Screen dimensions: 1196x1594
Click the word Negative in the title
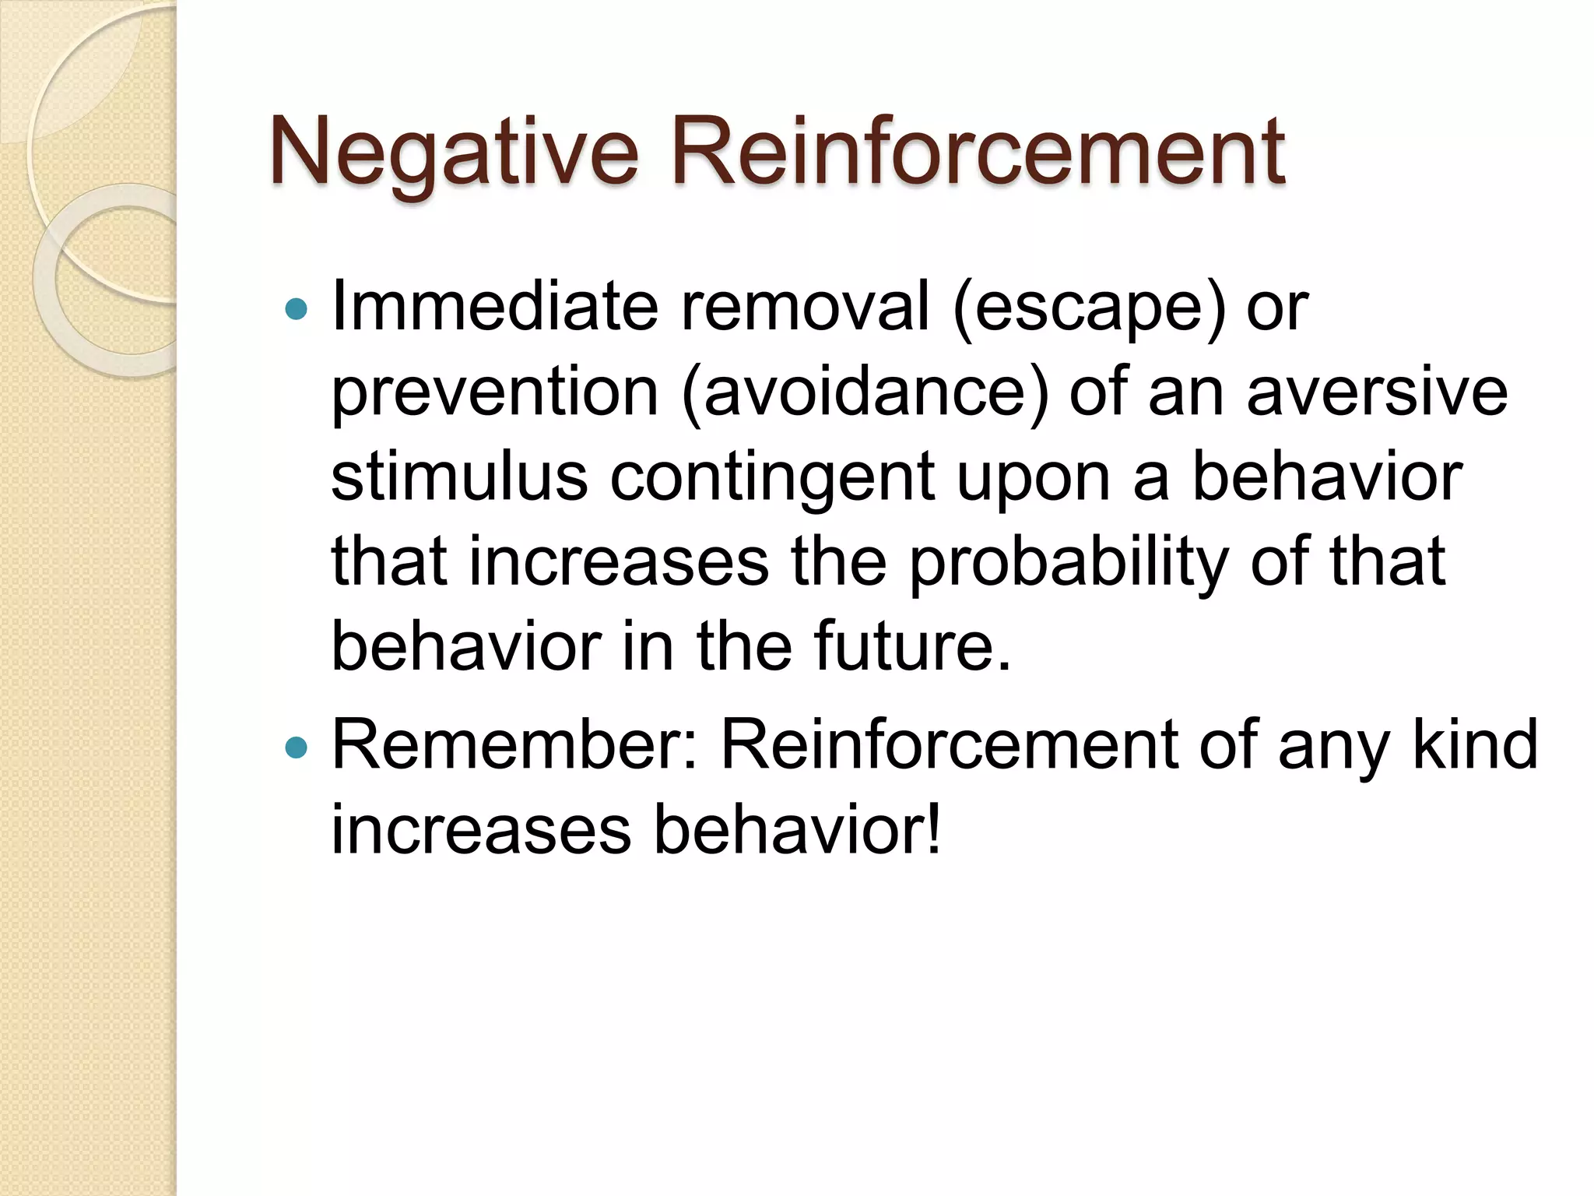[454, 152]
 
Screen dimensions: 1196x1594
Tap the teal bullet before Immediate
[297, 310]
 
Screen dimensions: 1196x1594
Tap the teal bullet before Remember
[297, 748]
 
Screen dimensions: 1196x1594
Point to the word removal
[805, 307]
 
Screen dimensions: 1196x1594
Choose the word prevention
[495, 393]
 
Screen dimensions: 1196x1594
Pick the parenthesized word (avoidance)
[864, 393]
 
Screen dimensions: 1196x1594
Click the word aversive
[1377, 392]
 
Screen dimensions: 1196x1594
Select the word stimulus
[459, 477]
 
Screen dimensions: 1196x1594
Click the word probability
[1069, 563]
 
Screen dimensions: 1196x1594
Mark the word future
[911, 647]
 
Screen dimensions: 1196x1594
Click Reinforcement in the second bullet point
[949, 745]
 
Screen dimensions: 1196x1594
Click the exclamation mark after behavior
[933, 830]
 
